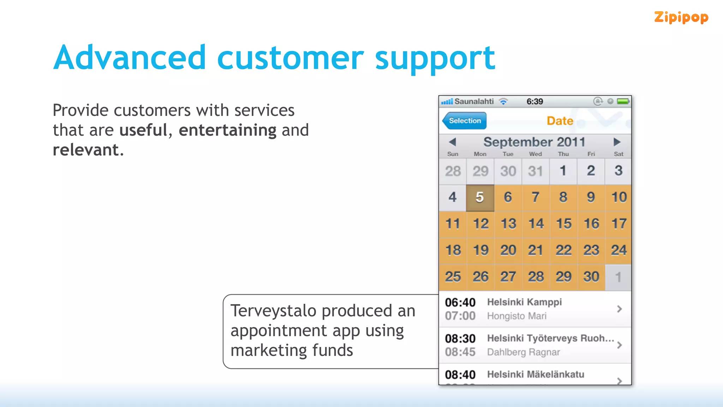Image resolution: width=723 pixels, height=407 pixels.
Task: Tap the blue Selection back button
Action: [465, 121]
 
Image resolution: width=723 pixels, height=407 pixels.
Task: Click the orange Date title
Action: [560, 121]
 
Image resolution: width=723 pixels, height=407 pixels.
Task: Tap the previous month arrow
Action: [453, 142]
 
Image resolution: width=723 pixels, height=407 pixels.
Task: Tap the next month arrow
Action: [617, 142]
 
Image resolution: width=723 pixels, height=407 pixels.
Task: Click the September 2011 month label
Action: [534, 142]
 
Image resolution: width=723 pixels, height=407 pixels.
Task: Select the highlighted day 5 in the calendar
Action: [480, 197]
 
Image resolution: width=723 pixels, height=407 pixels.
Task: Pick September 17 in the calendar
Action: [619, 224]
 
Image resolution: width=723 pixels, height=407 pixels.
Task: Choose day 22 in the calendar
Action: [563, 250]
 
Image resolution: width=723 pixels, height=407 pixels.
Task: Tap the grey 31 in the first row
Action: [536, 171]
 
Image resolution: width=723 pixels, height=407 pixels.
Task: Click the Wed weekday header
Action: [535, 154]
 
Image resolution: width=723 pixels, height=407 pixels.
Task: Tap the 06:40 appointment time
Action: [460, 302]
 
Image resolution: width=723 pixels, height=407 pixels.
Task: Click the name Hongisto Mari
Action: [516, 316]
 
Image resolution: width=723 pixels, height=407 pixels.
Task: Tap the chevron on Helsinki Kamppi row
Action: [619, 309]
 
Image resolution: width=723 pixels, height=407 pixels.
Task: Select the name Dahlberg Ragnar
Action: [523, 352]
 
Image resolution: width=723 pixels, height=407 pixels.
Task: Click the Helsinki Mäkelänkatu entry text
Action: [535, 374]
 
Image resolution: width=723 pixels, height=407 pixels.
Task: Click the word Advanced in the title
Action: [129, 58]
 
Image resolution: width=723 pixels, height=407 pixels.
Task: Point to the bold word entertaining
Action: [227, 130]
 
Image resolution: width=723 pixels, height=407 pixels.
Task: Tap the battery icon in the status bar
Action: [623, 101]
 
